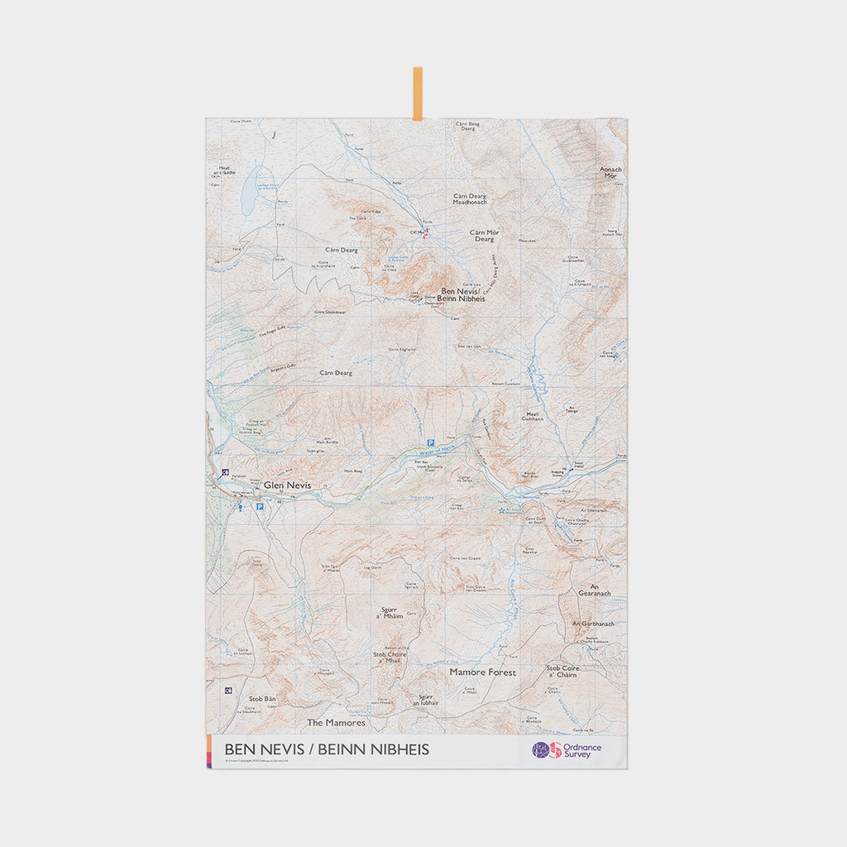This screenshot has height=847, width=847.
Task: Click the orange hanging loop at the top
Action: tap(418, 93)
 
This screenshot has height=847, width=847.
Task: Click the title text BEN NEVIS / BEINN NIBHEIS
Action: tap(327, 749)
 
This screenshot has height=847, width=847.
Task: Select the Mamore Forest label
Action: tap(482, 672)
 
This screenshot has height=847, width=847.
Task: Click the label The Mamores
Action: tap(336, 722)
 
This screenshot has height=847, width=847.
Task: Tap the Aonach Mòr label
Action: tap(611, 172)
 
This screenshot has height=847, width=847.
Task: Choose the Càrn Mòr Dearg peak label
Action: tap(484, 236)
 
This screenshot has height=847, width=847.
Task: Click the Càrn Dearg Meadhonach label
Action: tap(470, 199)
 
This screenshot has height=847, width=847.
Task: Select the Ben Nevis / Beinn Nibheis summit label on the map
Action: tap(463, 294)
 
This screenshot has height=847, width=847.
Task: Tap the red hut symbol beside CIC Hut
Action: tap(426, 237)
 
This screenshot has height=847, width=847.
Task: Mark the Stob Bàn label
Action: tap(262, 699)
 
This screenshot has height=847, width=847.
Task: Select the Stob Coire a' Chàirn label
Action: tap(562, 671)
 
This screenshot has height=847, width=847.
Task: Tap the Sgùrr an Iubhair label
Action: tap(425, 700)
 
